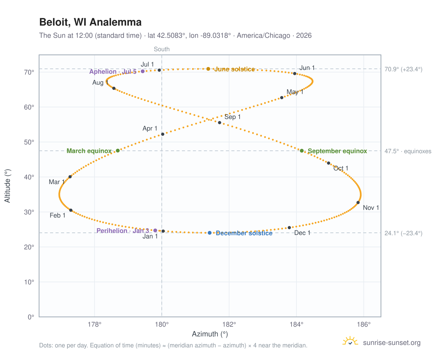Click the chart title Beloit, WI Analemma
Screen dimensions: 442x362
90,22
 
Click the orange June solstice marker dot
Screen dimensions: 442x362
208,69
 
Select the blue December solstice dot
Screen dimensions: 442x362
210,233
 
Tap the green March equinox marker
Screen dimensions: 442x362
118,151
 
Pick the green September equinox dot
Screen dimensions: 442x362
302,151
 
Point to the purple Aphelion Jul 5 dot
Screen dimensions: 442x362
143,71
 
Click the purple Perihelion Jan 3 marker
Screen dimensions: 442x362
155,231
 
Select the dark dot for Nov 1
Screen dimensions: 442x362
358,203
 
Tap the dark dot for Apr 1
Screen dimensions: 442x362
163,134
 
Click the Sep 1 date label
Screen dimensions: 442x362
232,117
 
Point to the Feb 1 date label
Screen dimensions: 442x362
57,215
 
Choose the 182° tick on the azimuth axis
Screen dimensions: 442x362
229,325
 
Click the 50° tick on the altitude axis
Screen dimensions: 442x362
29,142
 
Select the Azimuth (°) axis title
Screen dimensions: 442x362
210,334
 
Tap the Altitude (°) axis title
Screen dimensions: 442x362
8,186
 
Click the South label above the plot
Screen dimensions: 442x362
161,49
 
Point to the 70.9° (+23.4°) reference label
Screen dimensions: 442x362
404,69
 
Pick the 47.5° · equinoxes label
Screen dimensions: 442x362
408,151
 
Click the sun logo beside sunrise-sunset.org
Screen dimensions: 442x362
350,341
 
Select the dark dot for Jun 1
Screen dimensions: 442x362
295,74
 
